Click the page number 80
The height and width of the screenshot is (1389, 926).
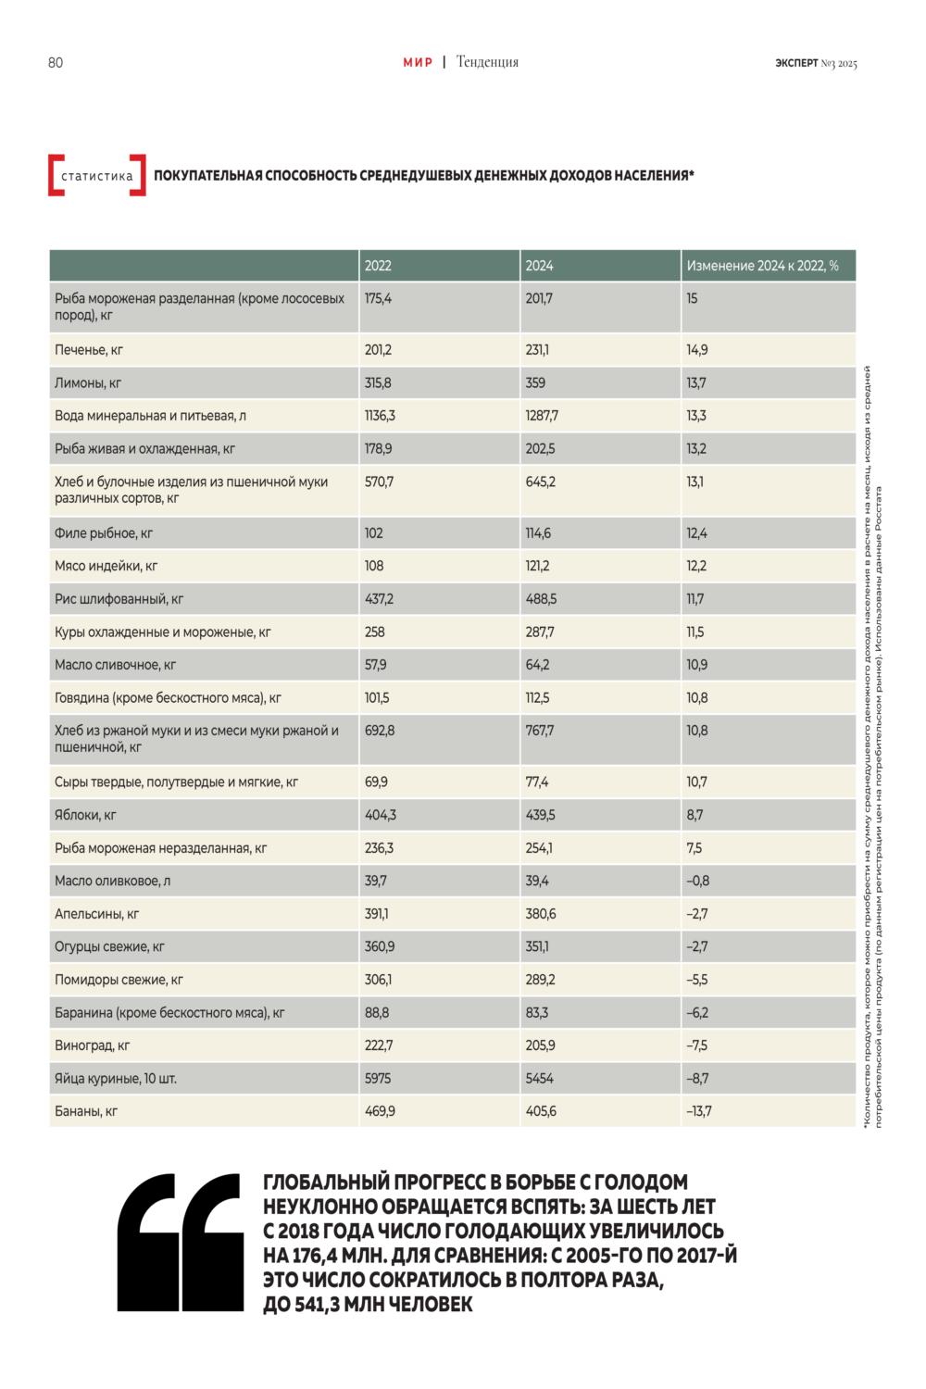56,63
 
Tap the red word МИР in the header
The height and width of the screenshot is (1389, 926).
418,62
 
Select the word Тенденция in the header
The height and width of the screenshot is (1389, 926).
487,62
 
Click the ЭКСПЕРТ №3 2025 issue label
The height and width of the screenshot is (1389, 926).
816,63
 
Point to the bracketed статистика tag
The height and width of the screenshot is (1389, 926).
96,176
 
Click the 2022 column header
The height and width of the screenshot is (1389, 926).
378,266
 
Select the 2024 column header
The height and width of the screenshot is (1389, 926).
539,266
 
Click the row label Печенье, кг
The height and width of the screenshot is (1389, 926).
89,350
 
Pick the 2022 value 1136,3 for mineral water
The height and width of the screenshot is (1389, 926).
380,416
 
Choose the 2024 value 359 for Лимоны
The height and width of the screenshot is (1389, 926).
535,382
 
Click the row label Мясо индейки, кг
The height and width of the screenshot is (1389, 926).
106,566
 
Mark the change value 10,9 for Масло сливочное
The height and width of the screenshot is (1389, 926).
696,665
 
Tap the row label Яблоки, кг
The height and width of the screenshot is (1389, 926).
85,816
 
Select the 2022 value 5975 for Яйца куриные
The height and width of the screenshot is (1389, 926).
378,1079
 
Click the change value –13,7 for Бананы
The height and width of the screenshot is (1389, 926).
699,1111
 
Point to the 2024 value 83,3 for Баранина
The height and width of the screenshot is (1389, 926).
536,1013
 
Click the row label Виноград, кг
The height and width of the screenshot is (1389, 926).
93,1045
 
